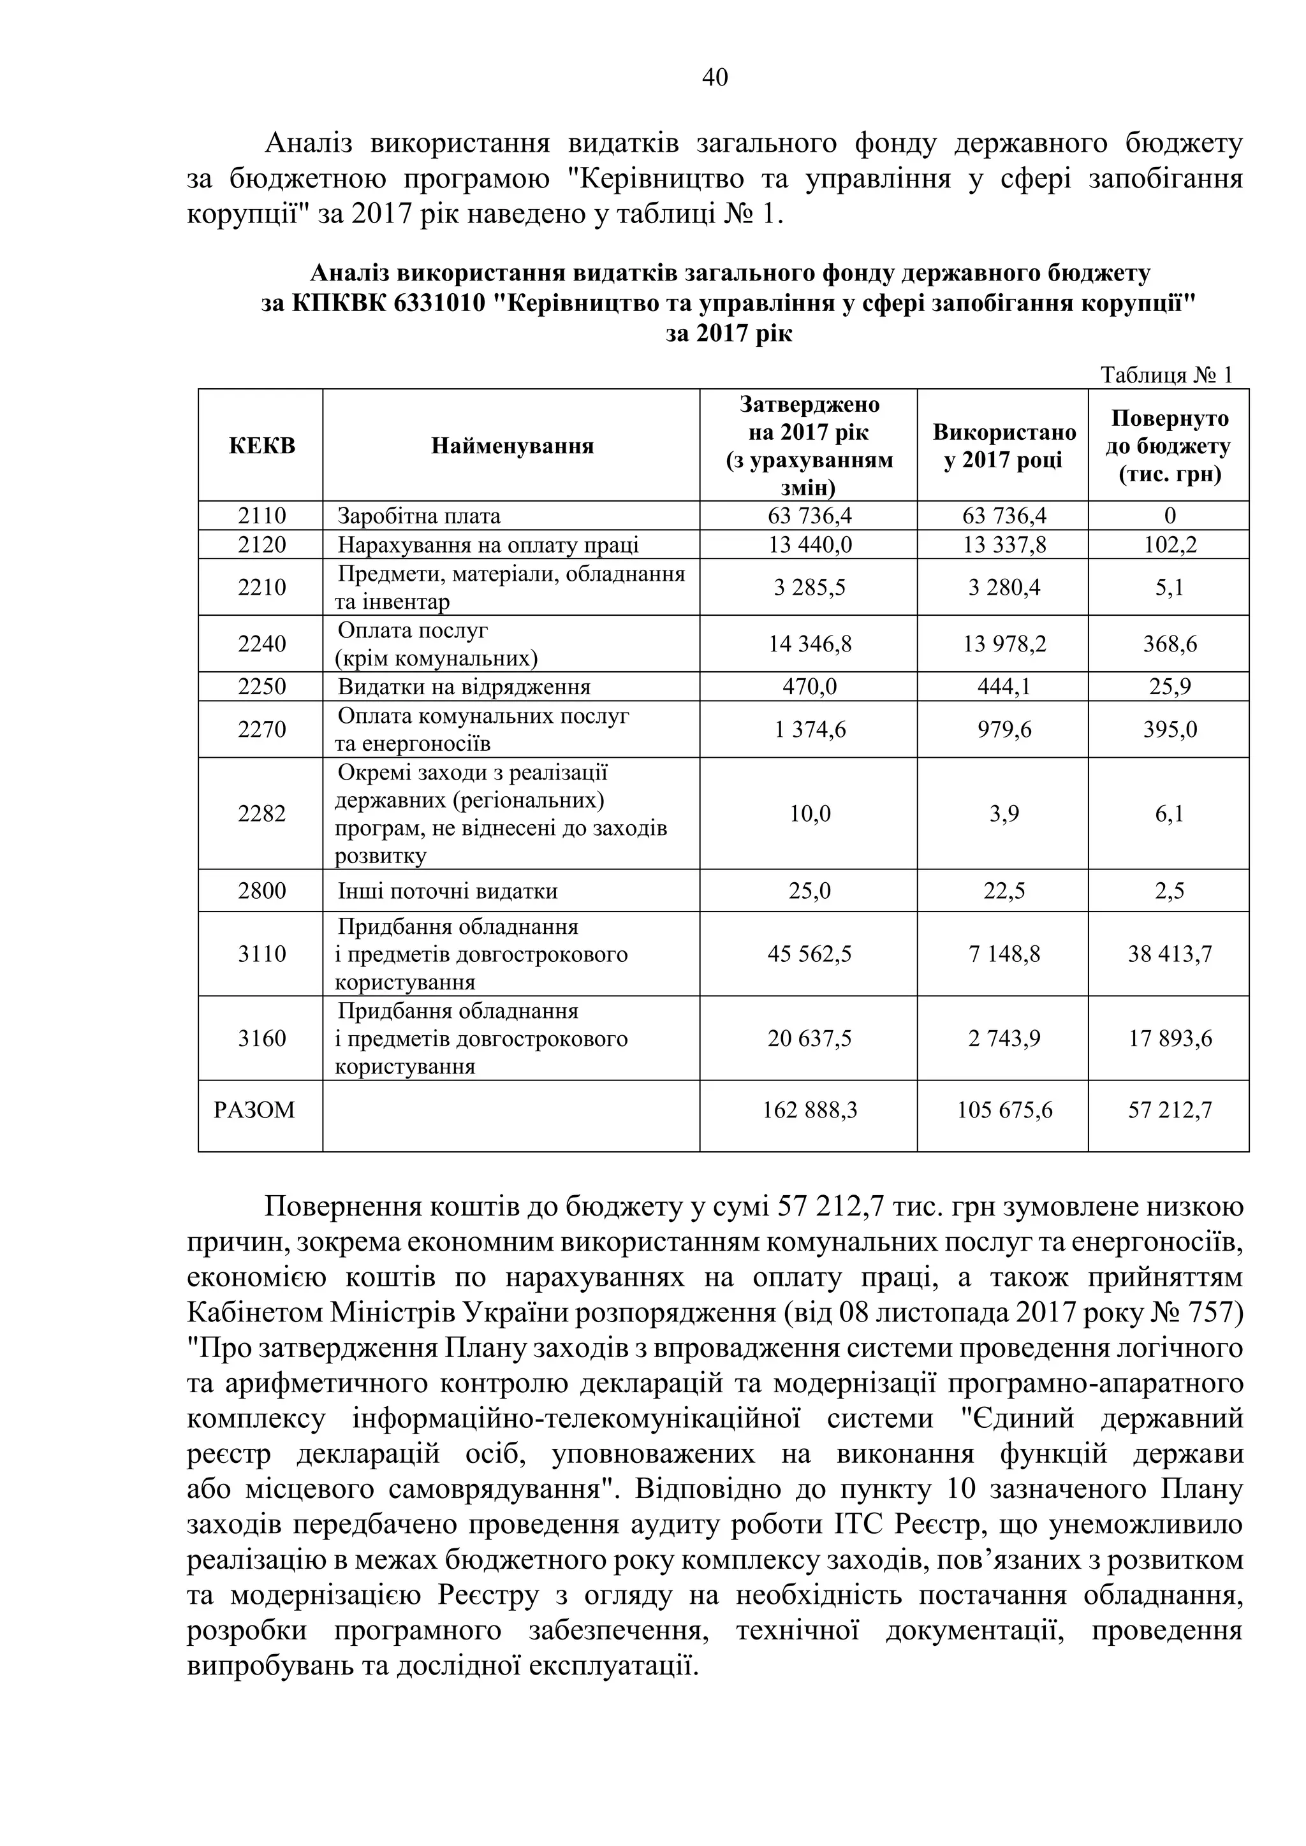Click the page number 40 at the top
(715, 77)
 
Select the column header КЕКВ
(261, 446)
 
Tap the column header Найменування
(511, 446)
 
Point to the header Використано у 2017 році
(1004, 446)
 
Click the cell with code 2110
(261, 516)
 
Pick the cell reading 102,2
(1170, 544)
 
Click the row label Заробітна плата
(419, 516)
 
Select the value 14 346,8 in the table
(809, 643)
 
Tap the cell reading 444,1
(1004, 687)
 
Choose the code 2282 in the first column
(261, 813)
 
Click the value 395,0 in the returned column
(1170, 729)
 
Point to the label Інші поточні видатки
(447, 891)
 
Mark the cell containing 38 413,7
(1170, 954)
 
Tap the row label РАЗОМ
(254, 1110)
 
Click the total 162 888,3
(809, 1110)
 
